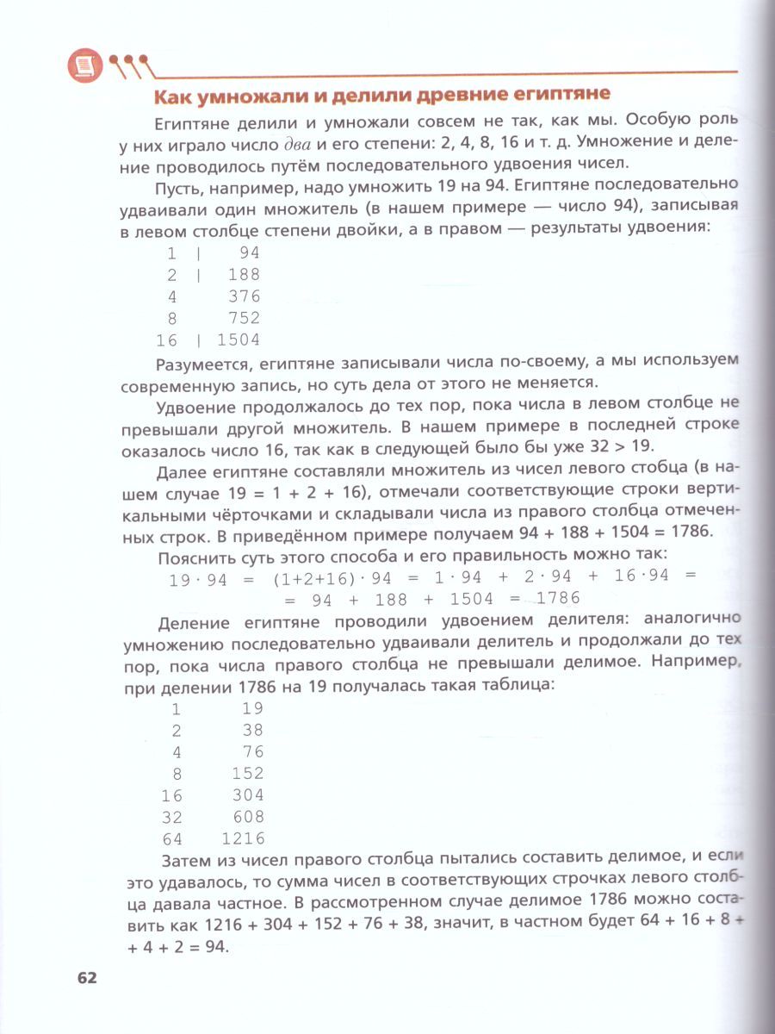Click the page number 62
pyautogui.click(x=87, y=978)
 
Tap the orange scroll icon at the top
pyautogui.click(x=84, y=64)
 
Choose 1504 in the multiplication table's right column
pyautogui.click(x=238, y=340)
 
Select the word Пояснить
pyautogui.click(x=195, y=554)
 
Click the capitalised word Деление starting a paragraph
pyautogui.click(x=195, y=621)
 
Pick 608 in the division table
pyautogui.click(x=248, y=816)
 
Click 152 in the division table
pyautogui.click(x=248, y=773)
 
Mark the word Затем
pyautogui.click(x=188, y=859)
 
